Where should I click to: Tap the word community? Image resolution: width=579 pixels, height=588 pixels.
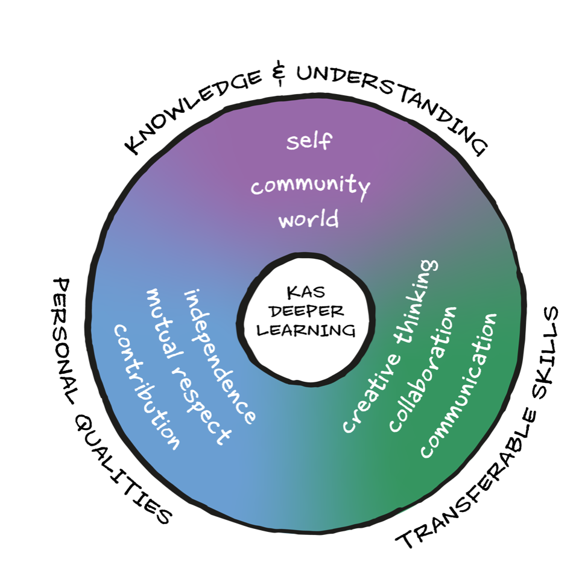coord(309,187)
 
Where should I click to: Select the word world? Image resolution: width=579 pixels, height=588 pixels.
coord(309,220)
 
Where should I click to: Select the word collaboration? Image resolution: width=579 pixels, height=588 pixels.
coord(423,369)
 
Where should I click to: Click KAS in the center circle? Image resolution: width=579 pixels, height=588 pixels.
coord(306,293)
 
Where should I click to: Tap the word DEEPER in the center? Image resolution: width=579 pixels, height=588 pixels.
coord(306,312)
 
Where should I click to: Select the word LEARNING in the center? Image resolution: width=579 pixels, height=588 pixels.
coord(306,330)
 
